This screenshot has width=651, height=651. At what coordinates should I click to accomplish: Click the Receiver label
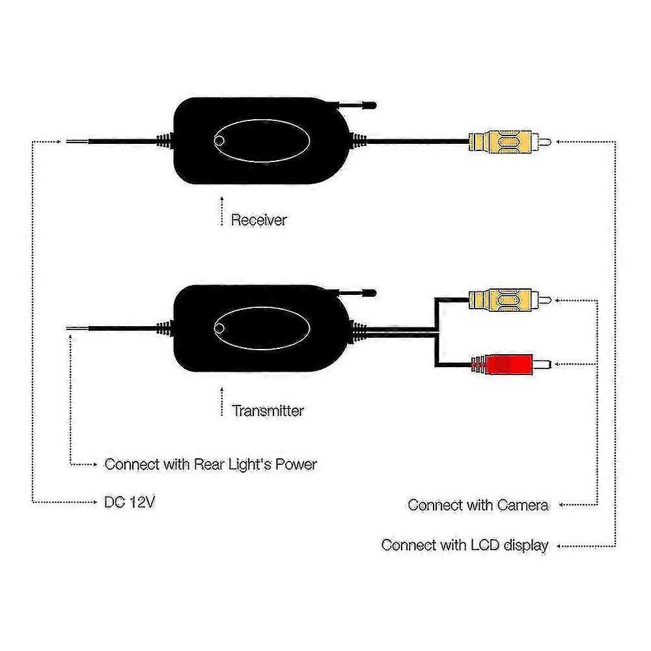tap(258, 219)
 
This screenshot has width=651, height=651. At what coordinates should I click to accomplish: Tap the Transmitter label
tap(268, 411)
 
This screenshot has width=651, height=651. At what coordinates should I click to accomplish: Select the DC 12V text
tap(129, 502)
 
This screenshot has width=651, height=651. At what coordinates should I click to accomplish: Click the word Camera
tap(522, 505)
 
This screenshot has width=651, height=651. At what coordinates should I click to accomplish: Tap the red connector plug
tap(511, 364)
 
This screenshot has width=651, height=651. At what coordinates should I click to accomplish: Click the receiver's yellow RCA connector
tap(510, 142)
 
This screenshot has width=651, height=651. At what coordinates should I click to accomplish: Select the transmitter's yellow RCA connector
tap(510, 299)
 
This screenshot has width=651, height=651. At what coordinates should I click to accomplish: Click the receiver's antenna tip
tap(373, 105)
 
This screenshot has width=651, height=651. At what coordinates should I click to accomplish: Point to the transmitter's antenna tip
tap(373, 293)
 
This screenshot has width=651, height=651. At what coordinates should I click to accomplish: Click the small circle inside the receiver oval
tap(219, 141)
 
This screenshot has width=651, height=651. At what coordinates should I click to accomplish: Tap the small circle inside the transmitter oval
tap(219, 328)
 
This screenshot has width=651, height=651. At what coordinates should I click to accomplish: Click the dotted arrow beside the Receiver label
tap(222, 211)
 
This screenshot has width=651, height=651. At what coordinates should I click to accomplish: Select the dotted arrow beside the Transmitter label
tap(222, 402)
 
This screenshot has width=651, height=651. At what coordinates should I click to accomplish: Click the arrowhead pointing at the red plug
tap(557, 364)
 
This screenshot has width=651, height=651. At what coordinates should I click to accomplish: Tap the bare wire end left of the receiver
tap(76, 141)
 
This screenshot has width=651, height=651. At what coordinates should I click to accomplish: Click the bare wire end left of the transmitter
tap(76, 329)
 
